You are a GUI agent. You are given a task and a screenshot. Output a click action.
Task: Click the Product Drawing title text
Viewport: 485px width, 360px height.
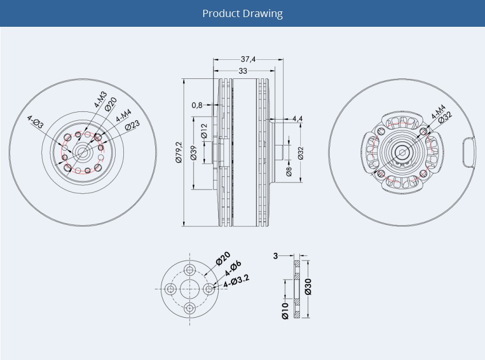pyautogui.click(x=242, y=13)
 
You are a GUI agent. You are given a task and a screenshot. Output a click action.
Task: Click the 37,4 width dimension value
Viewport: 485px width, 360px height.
pyautogui.click(x=248, y=59)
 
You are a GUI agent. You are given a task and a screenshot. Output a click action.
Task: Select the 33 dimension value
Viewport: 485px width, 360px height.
pyautogui.click(x=243, y=71)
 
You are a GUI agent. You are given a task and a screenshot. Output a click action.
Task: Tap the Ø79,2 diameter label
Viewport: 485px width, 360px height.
pyautogui.click(x=179, y=152)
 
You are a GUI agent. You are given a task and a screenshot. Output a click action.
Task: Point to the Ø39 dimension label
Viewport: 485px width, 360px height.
pyautogui.click(x=194, y=153)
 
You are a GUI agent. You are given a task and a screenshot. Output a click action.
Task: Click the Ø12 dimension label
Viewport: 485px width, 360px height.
pyautogui.click(x=204, y=131)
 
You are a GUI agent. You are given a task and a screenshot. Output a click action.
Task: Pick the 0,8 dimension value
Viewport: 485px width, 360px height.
pyautogui.click(x=197, y=105)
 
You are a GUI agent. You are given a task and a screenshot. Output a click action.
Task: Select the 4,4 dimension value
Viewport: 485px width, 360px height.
pyautogui.click(x=297, y=119)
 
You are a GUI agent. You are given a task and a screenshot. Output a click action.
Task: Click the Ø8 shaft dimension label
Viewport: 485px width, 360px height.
pyautogui.click(x=289, y=171)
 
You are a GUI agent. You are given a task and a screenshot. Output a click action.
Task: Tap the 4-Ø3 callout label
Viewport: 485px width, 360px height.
pyautogui.click(x=36, y=122)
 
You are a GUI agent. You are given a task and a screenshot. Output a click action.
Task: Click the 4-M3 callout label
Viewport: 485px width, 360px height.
pyautogui.click(x=100, y=99)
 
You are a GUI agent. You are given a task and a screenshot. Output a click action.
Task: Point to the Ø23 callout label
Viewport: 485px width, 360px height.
pyautogui.click(x=133, y=125)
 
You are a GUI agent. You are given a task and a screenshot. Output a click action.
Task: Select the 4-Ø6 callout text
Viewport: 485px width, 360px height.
pyautogui.click(x=233, y=268)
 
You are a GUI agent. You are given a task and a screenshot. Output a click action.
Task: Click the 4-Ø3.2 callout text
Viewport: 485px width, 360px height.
pyautogui.click(x=236, y=281)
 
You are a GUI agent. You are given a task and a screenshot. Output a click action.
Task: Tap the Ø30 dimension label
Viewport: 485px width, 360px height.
pyautogui.click(x=308, y=287)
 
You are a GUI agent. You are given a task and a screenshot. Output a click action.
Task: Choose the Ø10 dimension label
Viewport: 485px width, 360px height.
pyautogui.click(x=285, y=311)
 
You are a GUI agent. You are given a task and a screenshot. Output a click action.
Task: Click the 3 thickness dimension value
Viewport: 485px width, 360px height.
pyautogui.click(x=276, y=256)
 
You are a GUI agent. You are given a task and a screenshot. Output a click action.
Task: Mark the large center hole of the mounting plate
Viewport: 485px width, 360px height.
pyautogui.click(x=189, y=289)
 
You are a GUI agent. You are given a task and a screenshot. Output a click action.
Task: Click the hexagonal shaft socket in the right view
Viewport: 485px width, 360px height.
pyautogui.click(x=401, y=152)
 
